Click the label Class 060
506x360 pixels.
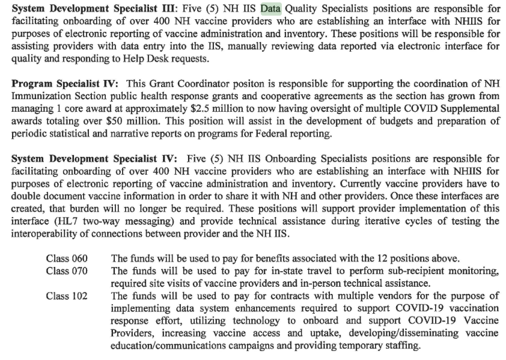point(66,258)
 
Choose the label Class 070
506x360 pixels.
point(66,270)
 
